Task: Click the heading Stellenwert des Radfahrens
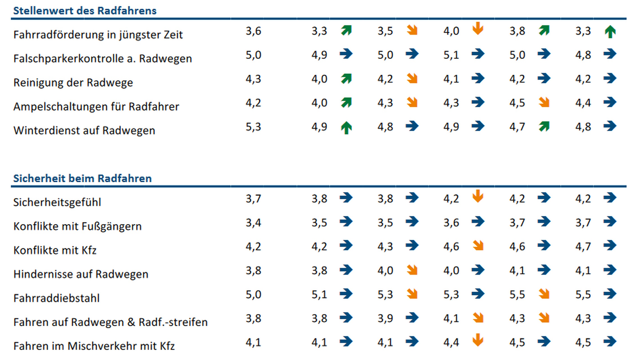point(85,11)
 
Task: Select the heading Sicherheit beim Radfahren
point(82,178)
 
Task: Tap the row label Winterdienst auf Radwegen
point(84,131)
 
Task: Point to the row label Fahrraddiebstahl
point(56,298)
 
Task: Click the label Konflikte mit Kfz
point(55,250)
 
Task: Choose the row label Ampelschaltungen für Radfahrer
point(96,107)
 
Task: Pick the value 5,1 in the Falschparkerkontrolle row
point(451,55)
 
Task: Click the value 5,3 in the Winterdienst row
point(253,127)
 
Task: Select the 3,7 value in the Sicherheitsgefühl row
point(253,199)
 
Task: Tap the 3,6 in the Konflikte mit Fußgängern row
point(451,223)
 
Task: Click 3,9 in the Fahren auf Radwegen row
point(385,318)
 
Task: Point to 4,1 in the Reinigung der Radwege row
point(451,79)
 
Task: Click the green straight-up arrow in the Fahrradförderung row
point(610,31)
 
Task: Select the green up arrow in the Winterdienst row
point(346,128)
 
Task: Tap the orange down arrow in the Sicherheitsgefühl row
point(478,196)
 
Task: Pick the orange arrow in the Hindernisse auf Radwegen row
point(412,270)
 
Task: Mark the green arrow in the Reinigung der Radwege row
point(346,78)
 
